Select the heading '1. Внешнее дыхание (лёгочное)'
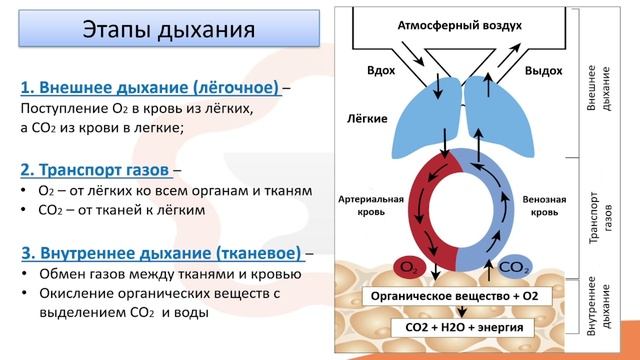tap(150, 87)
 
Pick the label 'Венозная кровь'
tap(547, 206)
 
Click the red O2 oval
tap(409, 267)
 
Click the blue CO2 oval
tap(513, 267)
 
